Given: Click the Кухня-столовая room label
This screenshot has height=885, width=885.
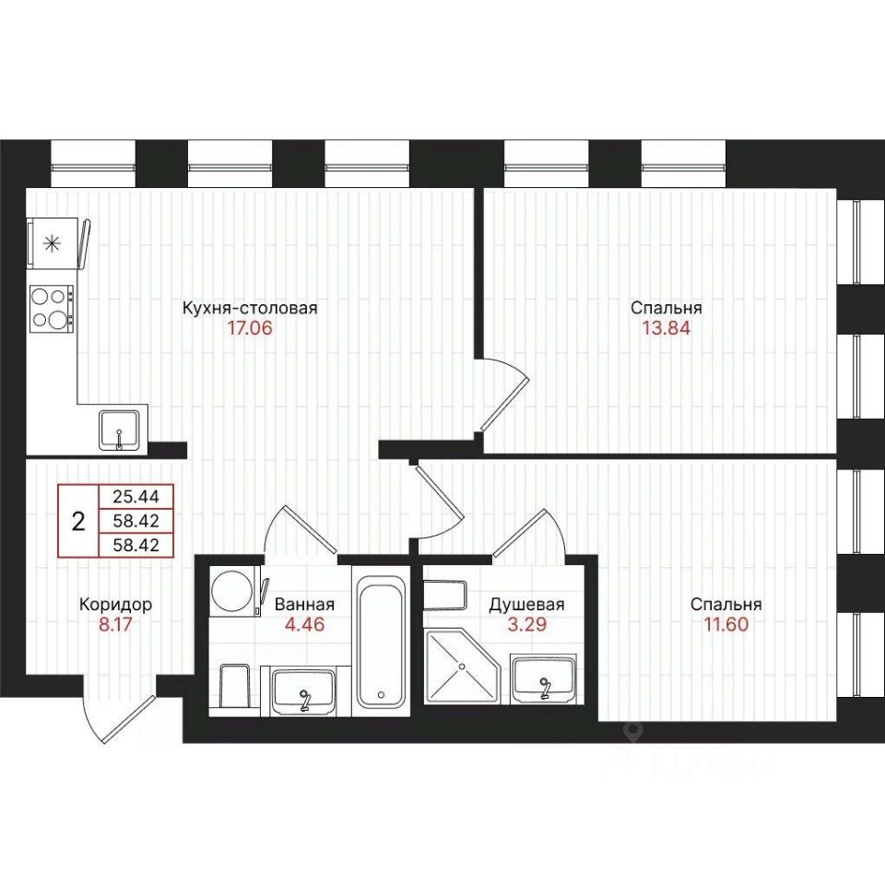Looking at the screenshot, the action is tap(250, 308).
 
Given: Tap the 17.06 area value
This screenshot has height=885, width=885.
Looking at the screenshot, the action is tap(250, 328).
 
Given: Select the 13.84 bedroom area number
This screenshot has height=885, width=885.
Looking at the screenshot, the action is tap(666, 328).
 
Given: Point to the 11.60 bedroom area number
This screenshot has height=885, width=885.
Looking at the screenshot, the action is tap(726, 625).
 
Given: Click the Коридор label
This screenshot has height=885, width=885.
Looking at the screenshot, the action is tap(116, 605).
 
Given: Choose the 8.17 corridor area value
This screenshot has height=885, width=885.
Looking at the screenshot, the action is tap(115, 625).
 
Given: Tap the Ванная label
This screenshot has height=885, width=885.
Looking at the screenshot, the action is tap(305, 605).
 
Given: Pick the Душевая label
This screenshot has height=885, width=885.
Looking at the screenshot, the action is tap(526, 605).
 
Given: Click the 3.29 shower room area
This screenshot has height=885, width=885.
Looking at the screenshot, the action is tap(527, 625).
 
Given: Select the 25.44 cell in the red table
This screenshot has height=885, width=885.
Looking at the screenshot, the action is tap(136, 497).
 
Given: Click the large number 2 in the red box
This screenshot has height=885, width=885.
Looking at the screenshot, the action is tap(78, 521).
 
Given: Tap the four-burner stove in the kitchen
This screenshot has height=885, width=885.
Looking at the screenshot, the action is tap(52, 309).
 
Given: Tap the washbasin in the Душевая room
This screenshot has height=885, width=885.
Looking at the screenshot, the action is tap(544, 678).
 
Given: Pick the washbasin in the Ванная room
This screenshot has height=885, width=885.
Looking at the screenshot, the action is tap(304, 690).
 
